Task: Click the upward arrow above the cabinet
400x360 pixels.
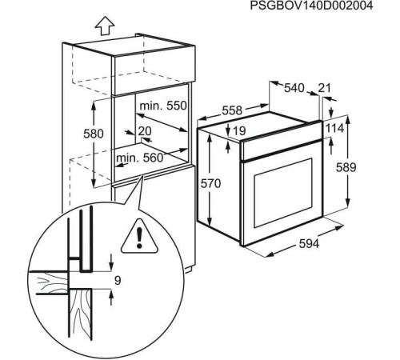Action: pos(103,26)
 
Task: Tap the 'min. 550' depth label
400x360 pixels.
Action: pos(163,106)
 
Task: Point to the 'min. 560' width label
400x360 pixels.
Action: pos(139,158)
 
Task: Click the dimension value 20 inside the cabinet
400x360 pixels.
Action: pos(145,131)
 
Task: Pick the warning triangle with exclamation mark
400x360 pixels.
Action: pos(141,236)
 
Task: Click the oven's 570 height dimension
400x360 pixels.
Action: pos(210,184)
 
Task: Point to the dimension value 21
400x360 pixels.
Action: pos(324,87)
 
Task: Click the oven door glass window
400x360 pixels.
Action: pos(279,196)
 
